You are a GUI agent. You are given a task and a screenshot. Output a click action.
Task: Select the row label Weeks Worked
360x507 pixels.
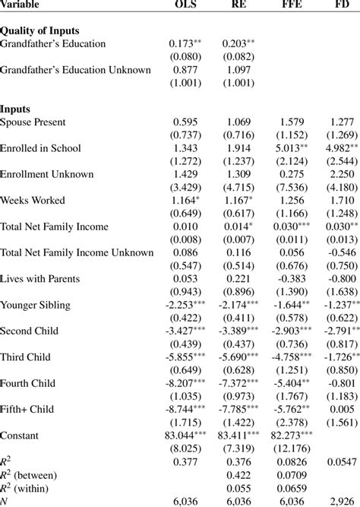(33, 200)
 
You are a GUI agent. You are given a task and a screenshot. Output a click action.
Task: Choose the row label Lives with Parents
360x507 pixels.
(40, 278)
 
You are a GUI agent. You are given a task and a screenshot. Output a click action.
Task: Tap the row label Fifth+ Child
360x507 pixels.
(30, 409)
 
